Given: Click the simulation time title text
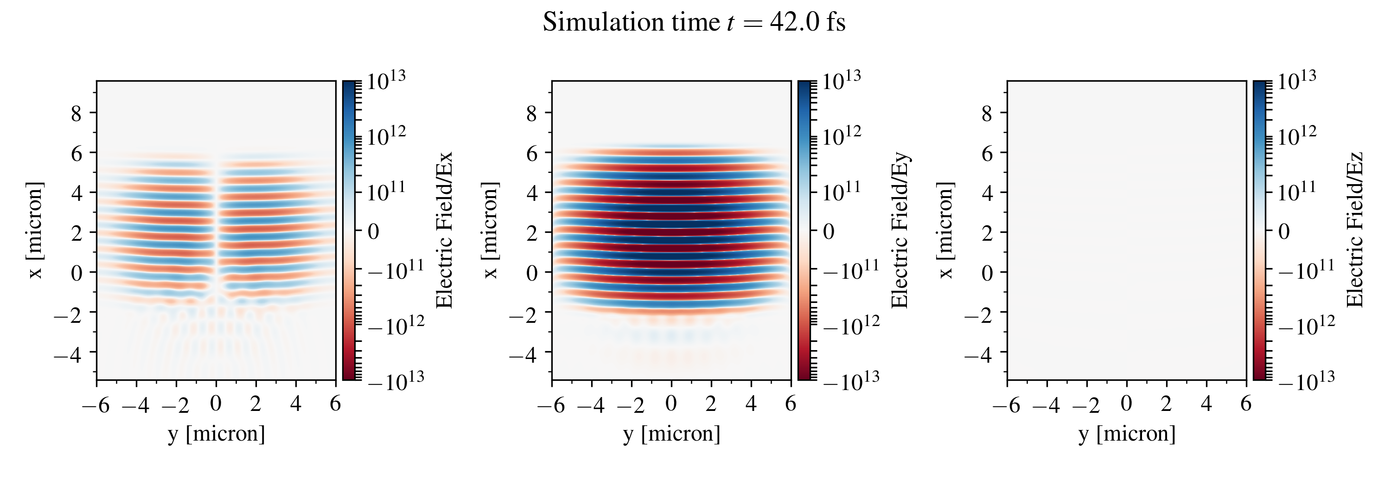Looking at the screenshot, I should click(x=694, y=23).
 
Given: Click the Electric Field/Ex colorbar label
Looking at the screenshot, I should click(x=444, y=231).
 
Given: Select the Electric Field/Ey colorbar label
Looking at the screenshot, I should click(x=900, y=231).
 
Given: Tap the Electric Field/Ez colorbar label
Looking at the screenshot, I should click(x=1355, y=231).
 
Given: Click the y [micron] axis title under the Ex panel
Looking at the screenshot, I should click(x=216, y=434).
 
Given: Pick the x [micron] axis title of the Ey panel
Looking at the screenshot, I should click(x=490, y=231).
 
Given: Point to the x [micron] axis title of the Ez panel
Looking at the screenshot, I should click(x=945, y=231).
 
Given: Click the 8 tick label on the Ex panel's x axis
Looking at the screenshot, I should click(x=77, y=114).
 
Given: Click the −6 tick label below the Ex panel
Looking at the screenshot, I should click(x=96, y=404).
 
